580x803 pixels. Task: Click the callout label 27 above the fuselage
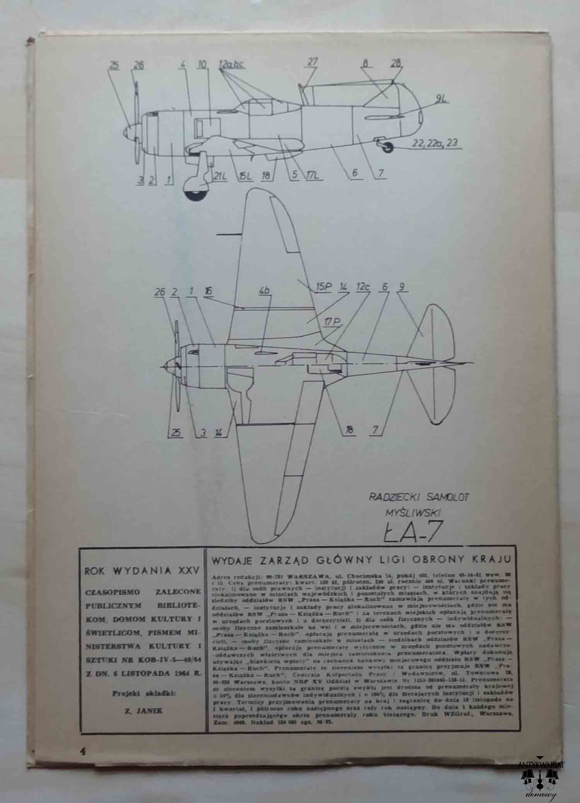[x=313, y=62]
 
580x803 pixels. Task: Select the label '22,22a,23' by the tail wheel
[x=435, y=143]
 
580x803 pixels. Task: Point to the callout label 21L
[x=219, y=176]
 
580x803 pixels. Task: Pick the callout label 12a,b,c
[x=231, y=65]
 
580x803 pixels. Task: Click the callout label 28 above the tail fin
[x=396, y=63]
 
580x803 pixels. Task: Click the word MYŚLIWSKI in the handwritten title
[x=413, y=513]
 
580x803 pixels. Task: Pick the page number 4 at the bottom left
[x=82, y=751]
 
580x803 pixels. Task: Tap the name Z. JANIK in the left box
[x=143, y=711]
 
